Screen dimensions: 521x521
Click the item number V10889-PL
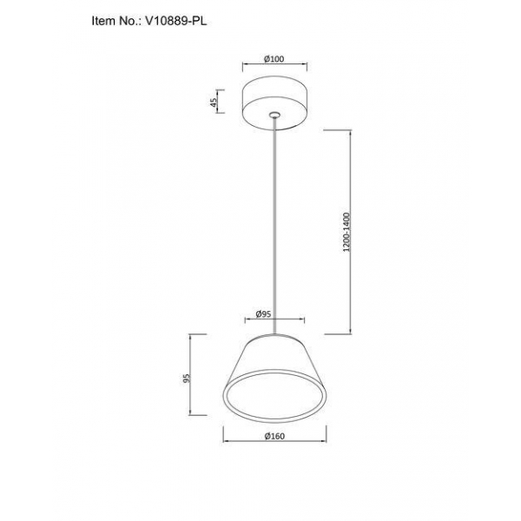[175, 21]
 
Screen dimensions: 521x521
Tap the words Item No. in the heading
[115, 21]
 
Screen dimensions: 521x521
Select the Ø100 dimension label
[274, 59]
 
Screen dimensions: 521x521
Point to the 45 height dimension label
[214, 102]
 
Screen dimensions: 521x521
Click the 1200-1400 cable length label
[346, 232]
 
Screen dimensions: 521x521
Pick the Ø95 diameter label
[263, 314]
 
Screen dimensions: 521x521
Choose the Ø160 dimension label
[274, 436]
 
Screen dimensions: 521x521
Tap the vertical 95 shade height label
[188, 378]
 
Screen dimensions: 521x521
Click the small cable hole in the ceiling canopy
[274, 115]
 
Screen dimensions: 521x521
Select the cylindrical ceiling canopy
[274, 103]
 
